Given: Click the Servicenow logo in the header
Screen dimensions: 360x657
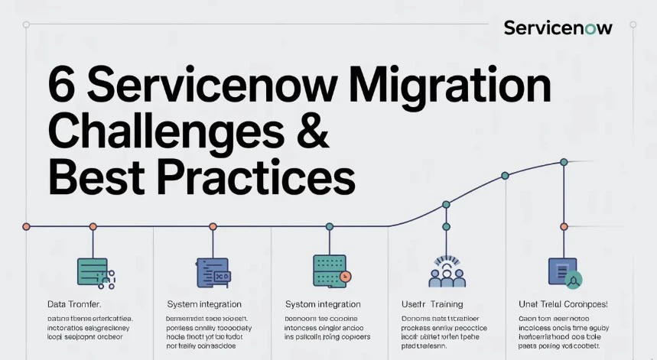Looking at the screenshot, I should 558,28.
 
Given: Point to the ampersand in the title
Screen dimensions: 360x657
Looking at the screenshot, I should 311,130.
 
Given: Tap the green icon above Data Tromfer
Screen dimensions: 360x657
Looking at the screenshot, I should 93,271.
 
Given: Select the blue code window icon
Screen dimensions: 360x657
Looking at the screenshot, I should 212,272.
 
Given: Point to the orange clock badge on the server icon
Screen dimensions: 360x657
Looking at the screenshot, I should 346,276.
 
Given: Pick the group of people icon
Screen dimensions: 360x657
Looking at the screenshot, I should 447,271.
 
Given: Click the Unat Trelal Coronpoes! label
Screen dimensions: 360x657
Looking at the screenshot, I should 563,304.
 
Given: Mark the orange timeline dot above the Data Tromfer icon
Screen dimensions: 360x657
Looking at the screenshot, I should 93,226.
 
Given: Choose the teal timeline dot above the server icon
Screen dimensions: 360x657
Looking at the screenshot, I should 330,226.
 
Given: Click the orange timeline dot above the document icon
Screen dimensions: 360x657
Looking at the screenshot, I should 564,226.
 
